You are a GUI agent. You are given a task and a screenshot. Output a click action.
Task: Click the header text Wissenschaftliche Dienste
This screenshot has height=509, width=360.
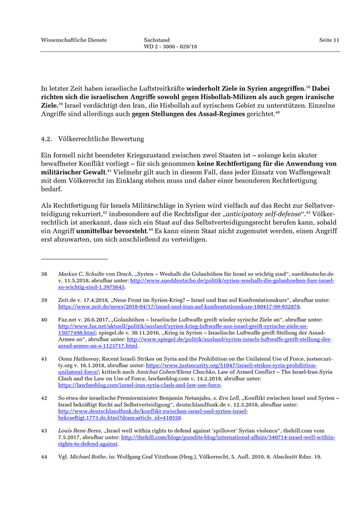74,40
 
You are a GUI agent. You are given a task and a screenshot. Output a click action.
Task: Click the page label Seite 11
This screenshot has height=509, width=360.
329,40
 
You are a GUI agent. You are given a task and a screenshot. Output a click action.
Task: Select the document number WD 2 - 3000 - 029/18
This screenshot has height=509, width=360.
170,47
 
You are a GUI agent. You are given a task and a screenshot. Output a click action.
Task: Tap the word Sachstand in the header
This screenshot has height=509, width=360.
157,40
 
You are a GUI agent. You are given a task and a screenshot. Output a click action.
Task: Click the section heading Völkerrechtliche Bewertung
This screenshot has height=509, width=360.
101,139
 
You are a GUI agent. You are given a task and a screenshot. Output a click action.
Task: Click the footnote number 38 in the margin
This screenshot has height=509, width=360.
44,274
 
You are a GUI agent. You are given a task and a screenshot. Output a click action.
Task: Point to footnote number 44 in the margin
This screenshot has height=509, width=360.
44,457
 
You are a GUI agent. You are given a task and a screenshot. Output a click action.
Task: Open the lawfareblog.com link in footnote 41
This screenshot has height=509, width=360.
139,385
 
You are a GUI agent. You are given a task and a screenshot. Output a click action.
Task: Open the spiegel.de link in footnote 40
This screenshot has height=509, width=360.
229,339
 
